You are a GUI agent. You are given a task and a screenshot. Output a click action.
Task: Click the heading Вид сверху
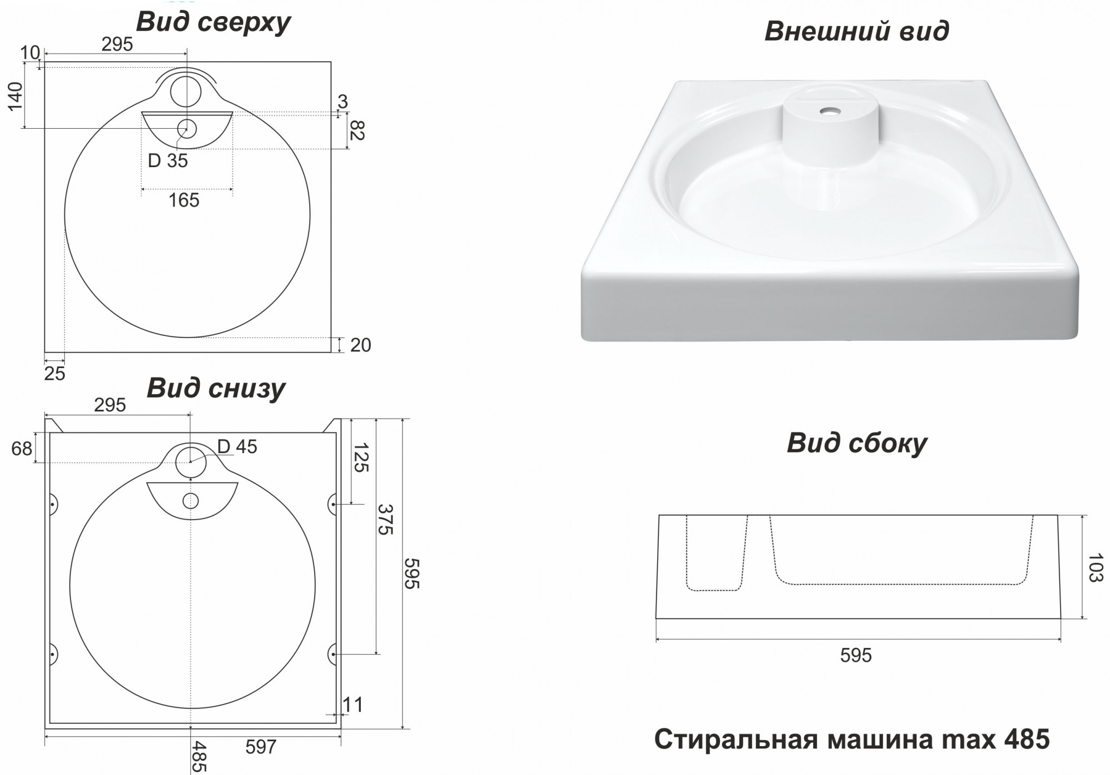[x=213, y=22]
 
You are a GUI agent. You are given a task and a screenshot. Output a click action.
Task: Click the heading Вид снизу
[x=216, y=388]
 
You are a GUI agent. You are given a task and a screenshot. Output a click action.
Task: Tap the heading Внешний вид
[x=856, y=31]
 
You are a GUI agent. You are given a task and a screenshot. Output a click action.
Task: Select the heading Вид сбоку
[x=856, y=443]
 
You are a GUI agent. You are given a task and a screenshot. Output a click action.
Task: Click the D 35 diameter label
[x=168, y=161]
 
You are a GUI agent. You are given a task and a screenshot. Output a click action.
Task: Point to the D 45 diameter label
[x=237, y=446]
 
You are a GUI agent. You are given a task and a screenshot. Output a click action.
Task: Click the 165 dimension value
[x=184, y=200]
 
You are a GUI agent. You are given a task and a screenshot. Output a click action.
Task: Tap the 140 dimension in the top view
[x=15, y=95]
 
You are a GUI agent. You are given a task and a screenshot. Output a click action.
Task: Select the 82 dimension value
[x=357, y=131]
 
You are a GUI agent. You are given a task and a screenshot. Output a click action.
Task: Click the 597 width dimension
[x=261, y=747]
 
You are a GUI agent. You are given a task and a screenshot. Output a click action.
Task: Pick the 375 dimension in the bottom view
[x=385, y=519]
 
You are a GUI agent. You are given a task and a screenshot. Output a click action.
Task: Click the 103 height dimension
[x=1095, y=567]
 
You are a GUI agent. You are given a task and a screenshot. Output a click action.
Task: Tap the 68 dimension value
[x=22, y=448]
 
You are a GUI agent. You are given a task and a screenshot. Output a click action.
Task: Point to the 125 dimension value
[x=361, y=457]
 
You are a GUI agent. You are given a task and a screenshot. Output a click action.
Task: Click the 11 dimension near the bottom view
[x=352, y=705]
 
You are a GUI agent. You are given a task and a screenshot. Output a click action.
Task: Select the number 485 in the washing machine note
[x=1027, y=739]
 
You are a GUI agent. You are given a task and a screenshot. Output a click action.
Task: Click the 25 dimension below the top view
[x=54, y=374]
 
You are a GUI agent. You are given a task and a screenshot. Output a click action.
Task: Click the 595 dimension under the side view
[x=856, y=656]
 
